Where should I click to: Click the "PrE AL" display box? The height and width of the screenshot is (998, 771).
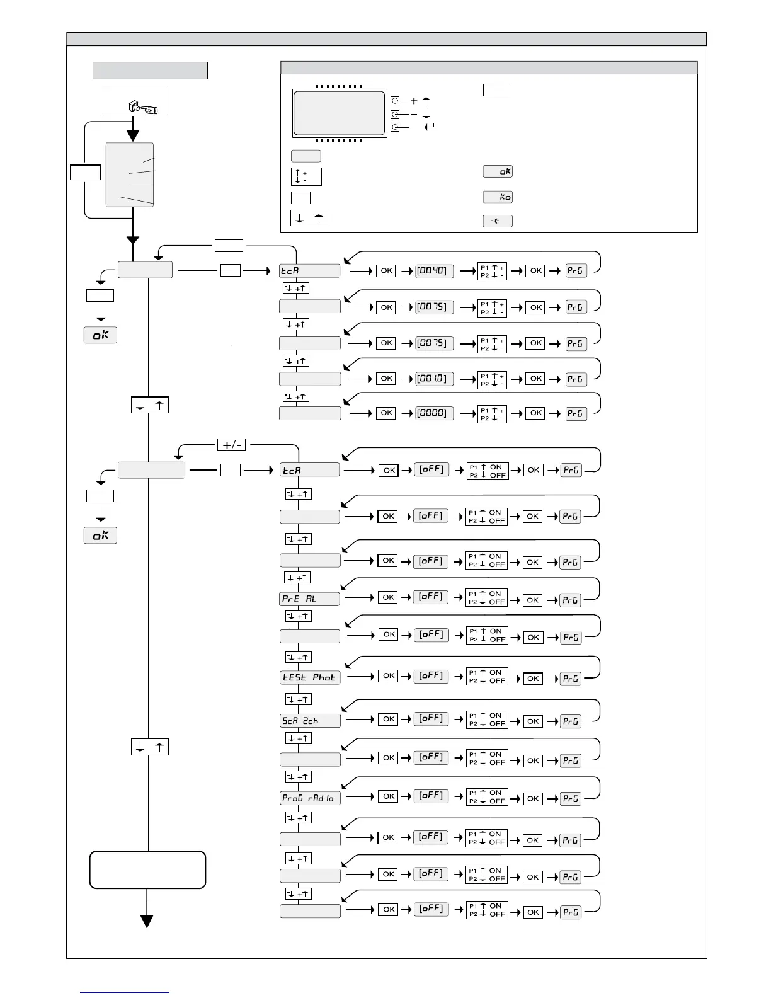pyautogui.click(x=309, y=599)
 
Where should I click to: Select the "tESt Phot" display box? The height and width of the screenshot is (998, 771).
pyautogui.click(x=310, y=677)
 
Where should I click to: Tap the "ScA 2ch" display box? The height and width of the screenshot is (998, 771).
pyautogui.click(x=310, y=720)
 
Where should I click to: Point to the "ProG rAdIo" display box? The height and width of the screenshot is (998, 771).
pyautogui.click(x=310, y=798)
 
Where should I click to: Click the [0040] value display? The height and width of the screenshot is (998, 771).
pyautogui.click(x=432, y=270)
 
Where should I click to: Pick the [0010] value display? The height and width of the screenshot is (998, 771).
pyautogui.click(x=432, y=379)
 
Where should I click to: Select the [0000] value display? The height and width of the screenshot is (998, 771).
pyautogui.click(x=432, y=413)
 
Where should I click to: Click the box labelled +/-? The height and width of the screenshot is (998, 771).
pyautogui.click(x=231, y=445)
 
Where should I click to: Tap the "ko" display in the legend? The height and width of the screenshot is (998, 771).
pyautogui.click(x=498, y=197)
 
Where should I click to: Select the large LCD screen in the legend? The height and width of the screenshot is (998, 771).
pyautogui.click(x=339, y=113)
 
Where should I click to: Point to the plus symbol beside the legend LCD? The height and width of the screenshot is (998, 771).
pyautogui.click(x=414, y=101)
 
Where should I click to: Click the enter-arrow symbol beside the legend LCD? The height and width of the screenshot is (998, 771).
pyautogui.click(x=430, y=127)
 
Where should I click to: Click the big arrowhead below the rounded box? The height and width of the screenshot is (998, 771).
pyautogui.click(x=147, y=921)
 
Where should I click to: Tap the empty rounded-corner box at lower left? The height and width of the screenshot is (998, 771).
pyautogui.click(x=147, y=869)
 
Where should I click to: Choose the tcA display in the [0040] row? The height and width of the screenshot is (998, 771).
pyautogui.click(x=309, y=271)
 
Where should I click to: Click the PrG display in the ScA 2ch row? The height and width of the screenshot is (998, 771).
pyautogui.click(x=571, y=721)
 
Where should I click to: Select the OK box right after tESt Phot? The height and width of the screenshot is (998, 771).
pyautogui.click(x=389, y=675)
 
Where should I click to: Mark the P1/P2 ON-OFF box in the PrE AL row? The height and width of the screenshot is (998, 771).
pyautogui.click(x=487, y=597)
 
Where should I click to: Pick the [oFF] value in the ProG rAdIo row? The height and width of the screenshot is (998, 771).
pyautogui.click(x=431, y=795)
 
